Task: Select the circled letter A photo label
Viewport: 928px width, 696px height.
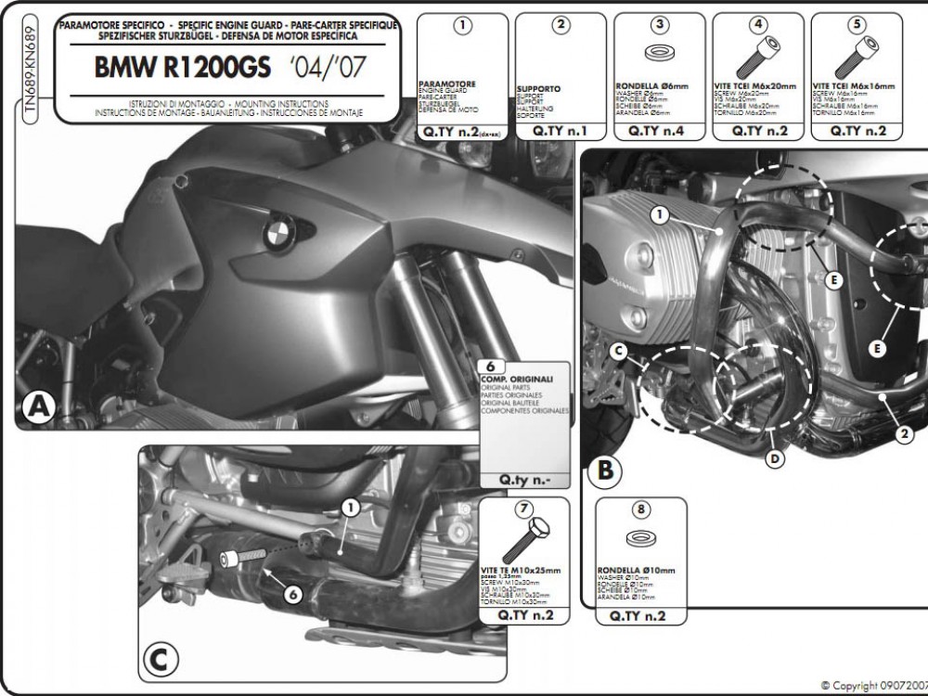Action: click(x=37, y=406)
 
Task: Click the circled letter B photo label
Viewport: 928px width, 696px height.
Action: click(x=603, y=470)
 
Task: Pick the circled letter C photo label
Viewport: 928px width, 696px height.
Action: click(x=159, y=660)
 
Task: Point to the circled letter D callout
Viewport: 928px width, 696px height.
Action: click(x=775, y=457)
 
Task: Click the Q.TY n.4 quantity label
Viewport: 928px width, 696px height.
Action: click(x=655, y=131)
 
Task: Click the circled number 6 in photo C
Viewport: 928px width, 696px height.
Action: click(x=291, y=595)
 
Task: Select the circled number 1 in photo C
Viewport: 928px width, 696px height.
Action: click(x=351, y=507)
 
